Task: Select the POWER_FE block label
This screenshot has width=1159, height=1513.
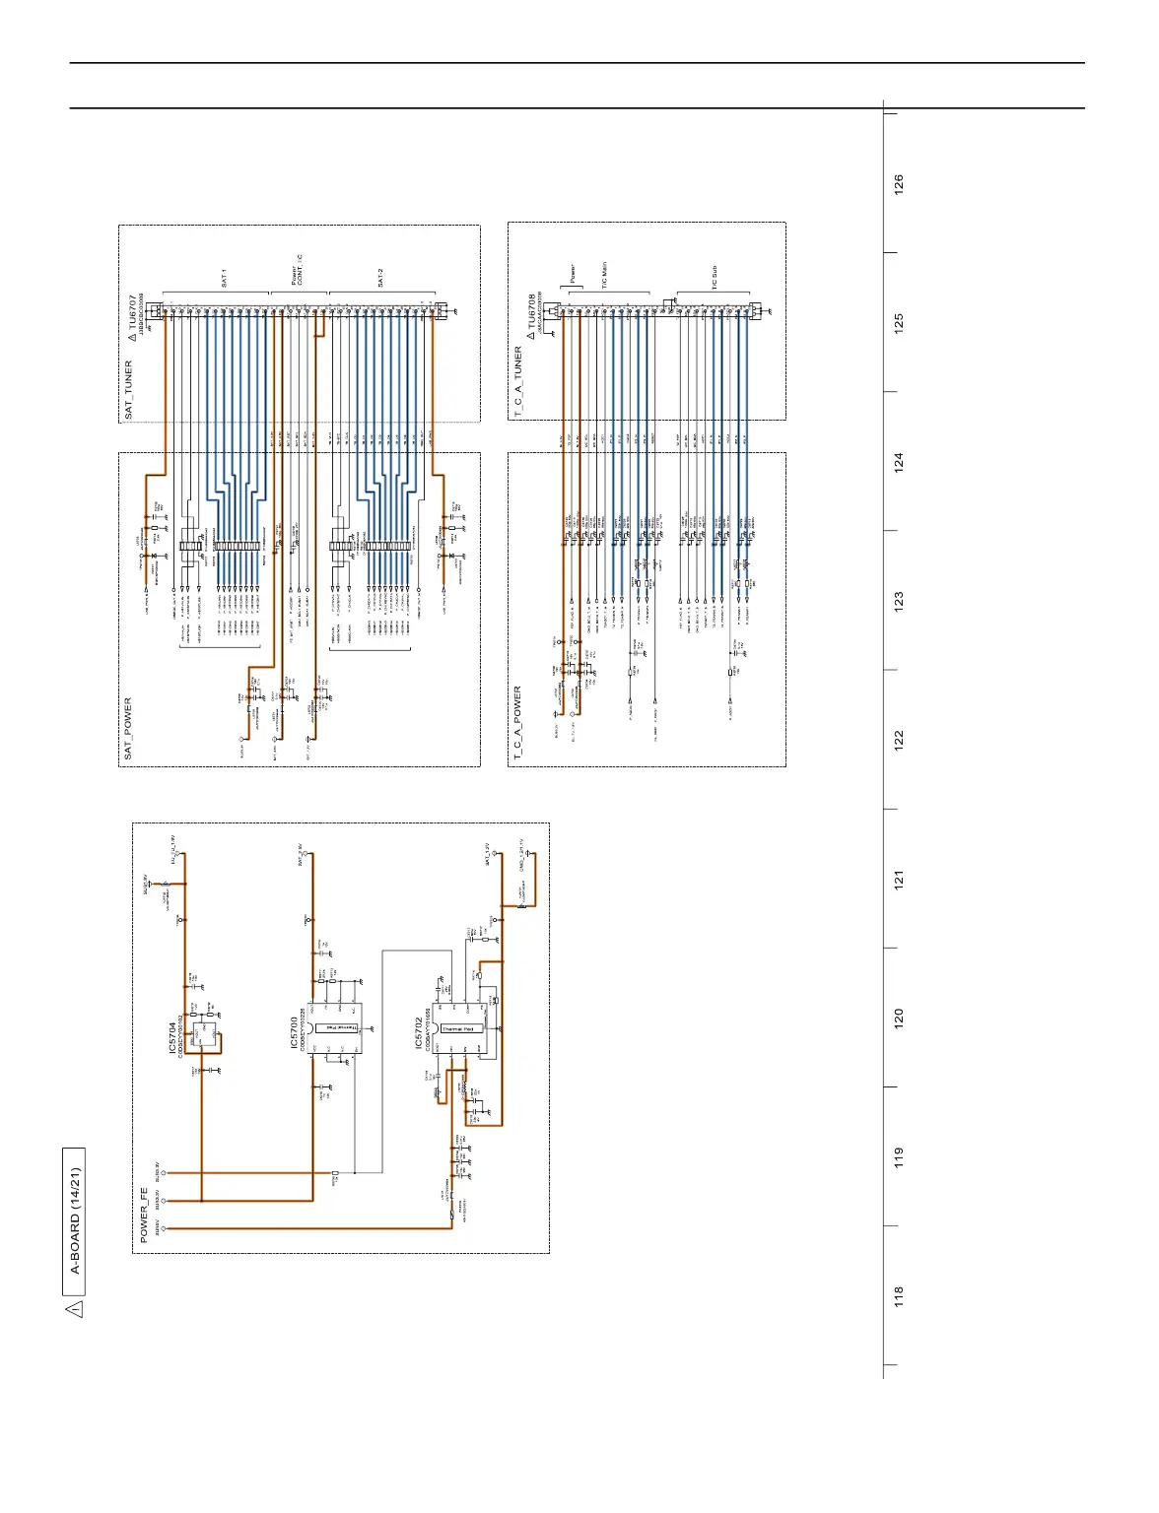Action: tap(145, 1216)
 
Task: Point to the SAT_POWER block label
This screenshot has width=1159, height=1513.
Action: tap(128, 729)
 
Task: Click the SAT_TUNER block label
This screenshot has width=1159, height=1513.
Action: tap(128, 390)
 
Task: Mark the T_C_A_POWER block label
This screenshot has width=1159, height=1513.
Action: tap(518, 723)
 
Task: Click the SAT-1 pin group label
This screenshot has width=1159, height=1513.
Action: tap(224, 280)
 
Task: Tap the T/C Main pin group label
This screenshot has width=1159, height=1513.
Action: tap(604, 275)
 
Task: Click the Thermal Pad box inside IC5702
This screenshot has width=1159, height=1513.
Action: tap(457, 1028)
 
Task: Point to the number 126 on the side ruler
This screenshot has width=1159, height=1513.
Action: tap(898, 184)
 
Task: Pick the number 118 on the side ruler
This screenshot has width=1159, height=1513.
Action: tap(898, 1295)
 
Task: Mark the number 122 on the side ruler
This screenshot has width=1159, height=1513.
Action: tap(898, 741)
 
